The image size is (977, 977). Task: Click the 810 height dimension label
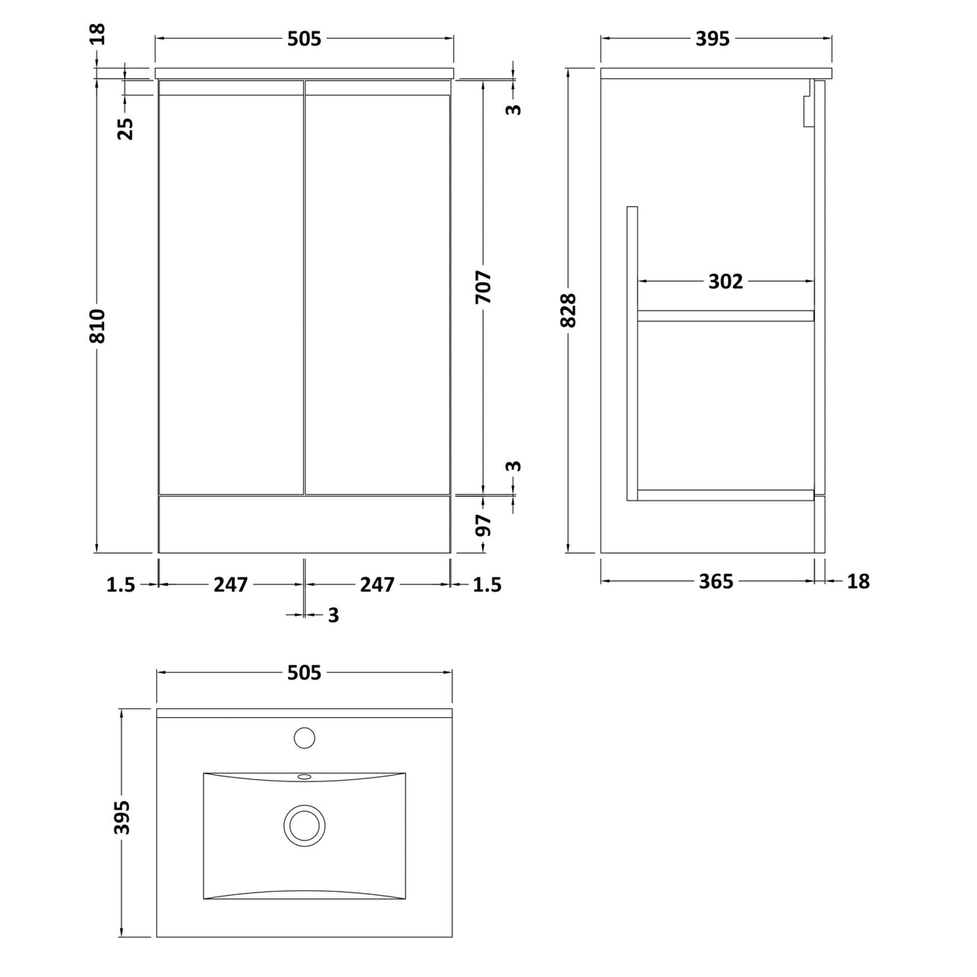pyautogui.click(x=97, y=325)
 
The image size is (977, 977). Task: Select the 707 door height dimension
pyautogui.click(x=483, y=287)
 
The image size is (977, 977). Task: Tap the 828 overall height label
pyautogui.click(x=568, y=311)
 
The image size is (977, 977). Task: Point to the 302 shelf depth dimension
pyautogui.click(x=725, y=282)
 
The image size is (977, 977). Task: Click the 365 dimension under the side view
pyautogui.click(x=715, y=581)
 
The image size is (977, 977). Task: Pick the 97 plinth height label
pyautogui.click(x=483, y=526)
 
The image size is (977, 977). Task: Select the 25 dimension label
pyautogui.click(x=126, y=128)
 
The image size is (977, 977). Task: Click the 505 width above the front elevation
pyautogui.click(x=304, y=39)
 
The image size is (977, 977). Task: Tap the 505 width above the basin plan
pyautogui.click(x=304, y=672)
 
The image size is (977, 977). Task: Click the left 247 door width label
pyautogui.click(x=230, y=584)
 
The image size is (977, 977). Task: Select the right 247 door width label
pyautogui.click(x=377, y=584)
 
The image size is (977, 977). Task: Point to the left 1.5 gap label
pyautogui.click(x=121, y=585)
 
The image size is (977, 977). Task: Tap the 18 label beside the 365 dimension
pyautogui.click(x=859, y=581)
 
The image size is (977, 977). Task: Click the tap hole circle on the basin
pyautogui.click(x=304, y=736)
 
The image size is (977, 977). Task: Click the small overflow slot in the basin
pyautogui.click(x=304, y=777)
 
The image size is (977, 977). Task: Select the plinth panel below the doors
pyautogui.click(x=304, y=525)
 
